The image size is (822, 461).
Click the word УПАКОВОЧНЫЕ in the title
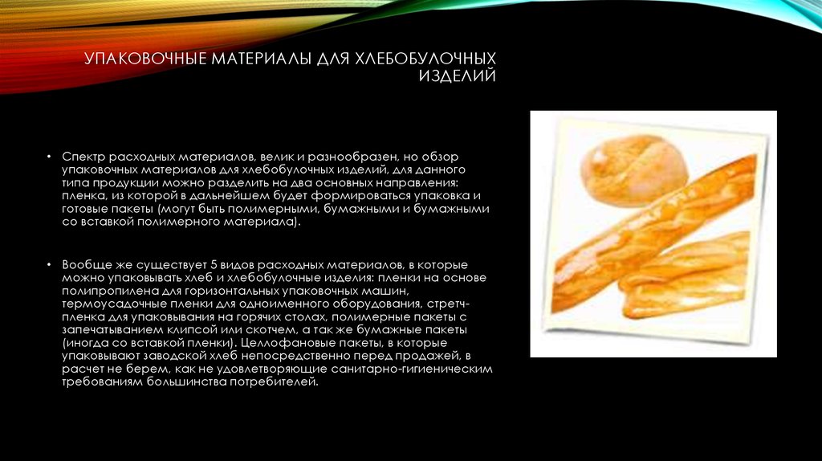pos(145,58)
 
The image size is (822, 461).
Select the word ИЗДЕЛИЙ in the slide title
pos(457,75)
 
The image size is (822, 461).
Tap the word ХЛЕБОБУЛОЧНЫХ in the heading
pos(425,58)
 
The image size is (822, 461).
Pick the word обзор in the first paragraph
pos(441,157)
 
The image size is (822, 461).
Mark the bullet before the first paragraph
pos(49,157)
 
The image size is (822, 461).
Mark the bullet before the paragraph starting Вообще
pos(49,265)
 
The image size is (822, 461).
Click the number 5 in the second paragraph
pos(214,265)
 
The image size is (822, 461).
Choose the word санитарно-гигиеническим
pos(412,369)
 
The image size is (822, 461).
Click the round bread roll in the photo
pos(634,169)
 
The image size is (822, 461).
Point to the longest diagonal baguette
pos(655,234)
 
